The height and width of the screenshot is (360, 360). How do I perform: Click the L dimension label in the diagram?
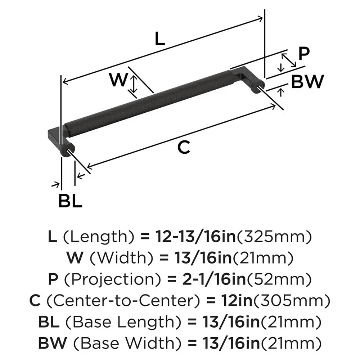(x=159, y=39)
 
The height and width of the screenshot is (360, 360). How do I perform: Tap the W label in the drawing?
(x=119, y=80)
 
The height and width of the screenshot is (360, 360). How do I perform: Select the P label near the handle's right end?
(x=304, y=54)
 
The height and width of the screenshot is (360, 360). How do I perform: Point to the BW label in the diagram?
(x=307, y=82)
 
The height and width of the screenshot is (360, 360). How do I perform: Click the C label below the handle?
(x=184, y=148)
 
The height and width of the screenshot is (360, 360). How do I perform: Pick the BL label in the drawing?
(x=70, y=201)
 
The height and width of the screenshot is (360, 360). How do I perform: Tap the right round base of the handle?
(x=258, y=87)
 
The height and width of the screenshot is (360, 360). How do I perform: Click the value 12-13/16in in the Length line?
(x=195, y=237)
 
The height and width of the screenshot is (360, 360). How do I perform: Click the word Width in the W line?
(x=111, y=257)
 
